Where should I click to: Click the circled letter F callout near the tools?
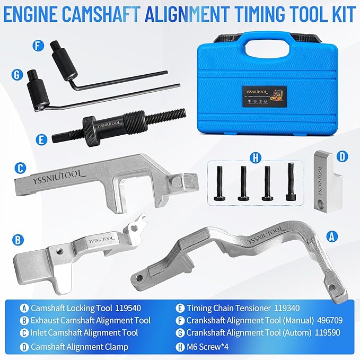[38, 46]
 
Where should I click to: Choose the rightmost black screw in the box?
[290, 181]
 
